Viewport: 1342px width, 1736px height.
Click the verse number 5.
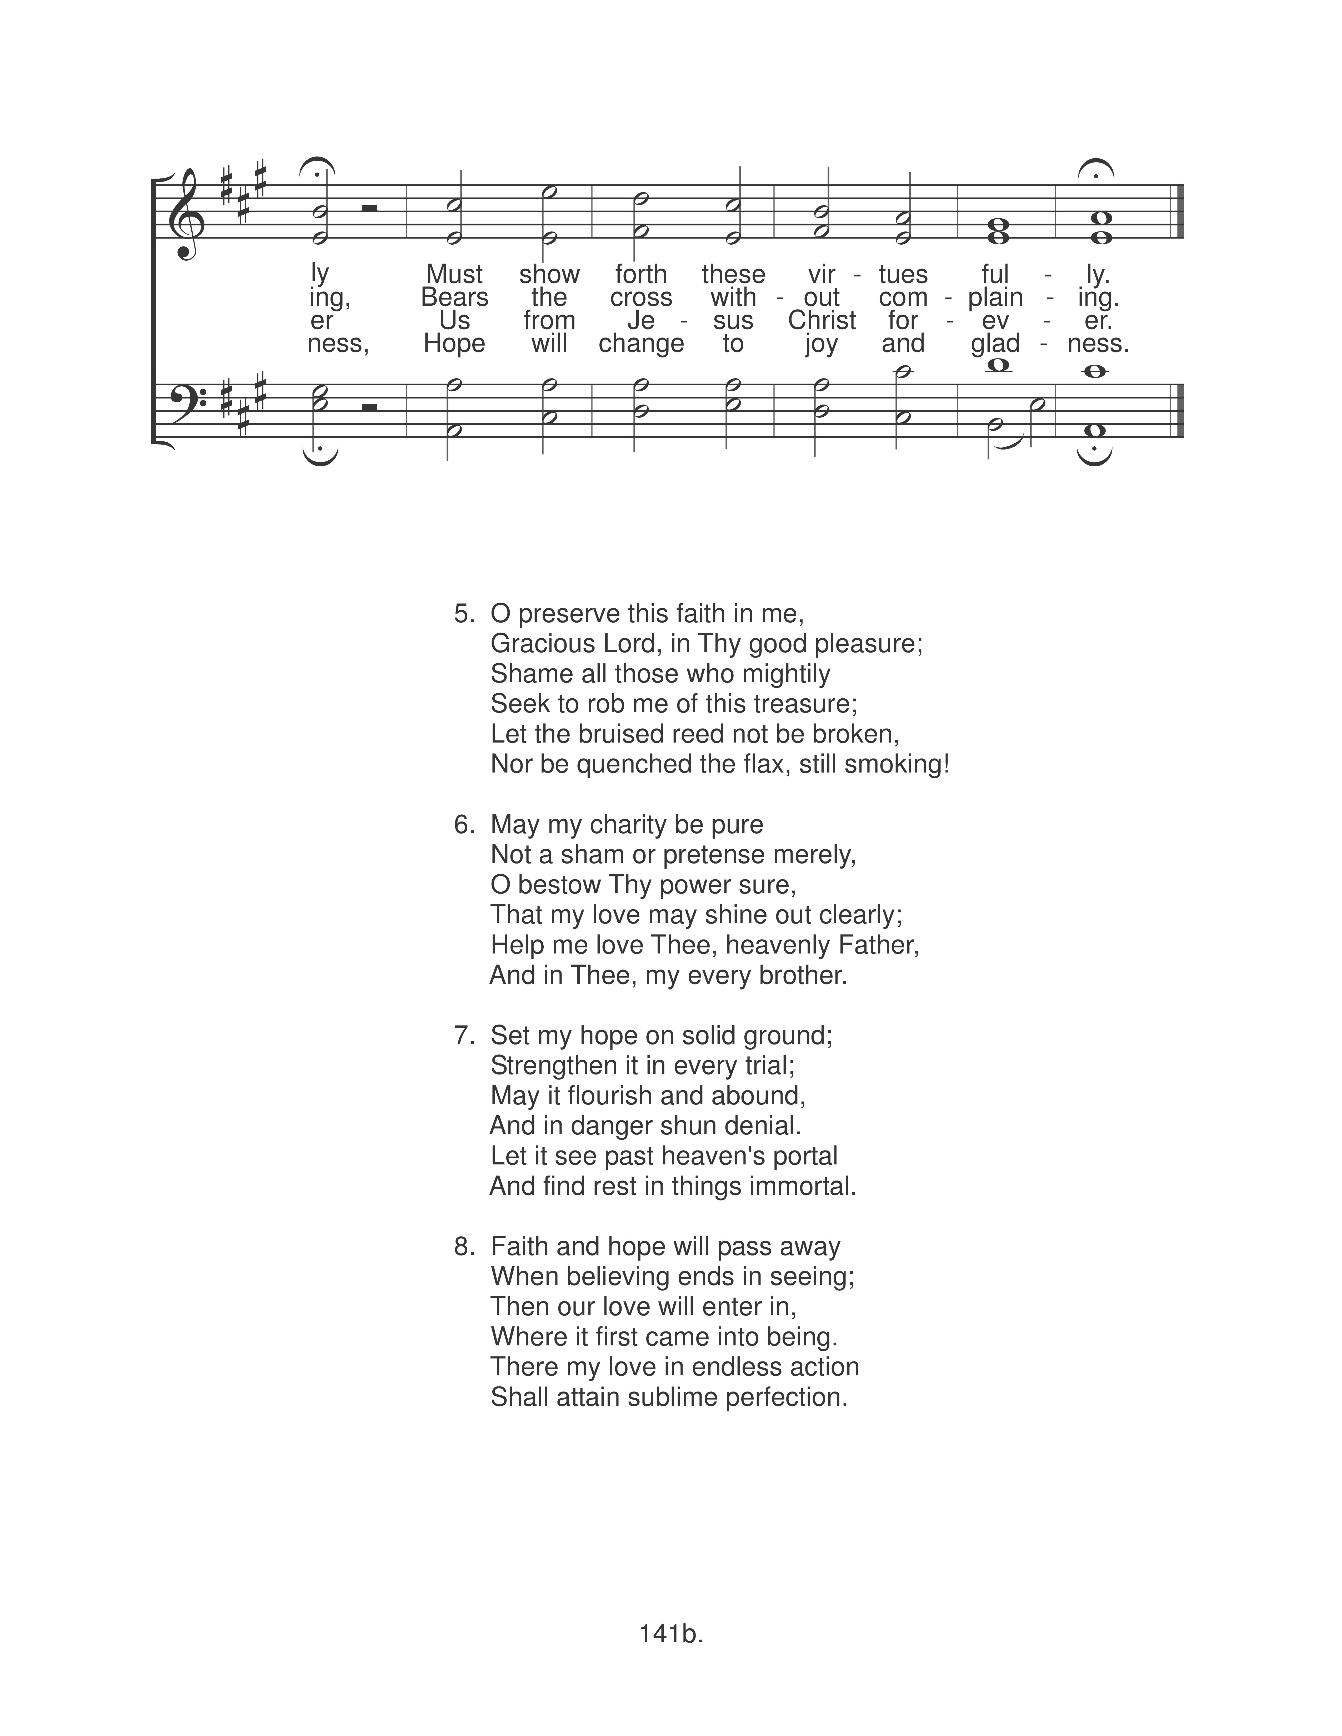pos(463,614)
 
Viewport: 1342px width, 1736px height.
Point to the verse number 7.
pos(463,1036)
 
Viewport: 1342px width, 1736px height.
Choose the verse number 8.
pos(463,1246)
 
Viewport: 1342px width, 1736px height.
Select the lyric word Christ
pos(822,320)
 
